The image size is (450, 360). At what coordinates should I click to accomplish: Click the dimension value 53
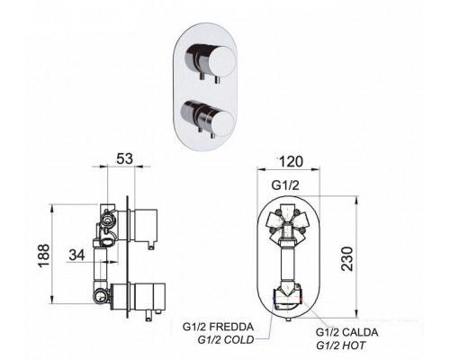pyautogui.click(x=124, y=158)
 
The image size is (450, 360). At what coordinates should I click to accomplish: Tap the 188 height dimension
pyautogui.click(x=44, y=256)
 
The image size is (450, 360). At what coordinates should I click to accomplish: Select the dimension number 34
pyautogui.click(x=76, y=255)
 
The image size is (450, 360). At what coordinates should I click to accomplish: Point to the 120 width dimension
pyautogui.click(x=291, y=162)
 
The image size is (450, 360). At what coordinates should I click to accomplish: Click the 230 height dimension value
pyautogui.click(x=347, y=259)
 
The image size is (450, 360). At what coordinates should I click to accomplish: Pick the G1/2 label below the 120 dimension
pyautogui.click(x=285, y=185)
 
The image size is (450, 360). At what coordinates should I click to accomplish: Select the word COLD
pyautogui.click(x=238, y=340)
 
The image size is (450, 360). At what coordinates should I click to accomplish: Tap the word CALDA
pyautogui.click(x=360, y=332)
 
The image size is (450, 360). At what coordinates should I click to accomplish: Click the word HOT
pyautogui.click(x=354, y=346)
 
